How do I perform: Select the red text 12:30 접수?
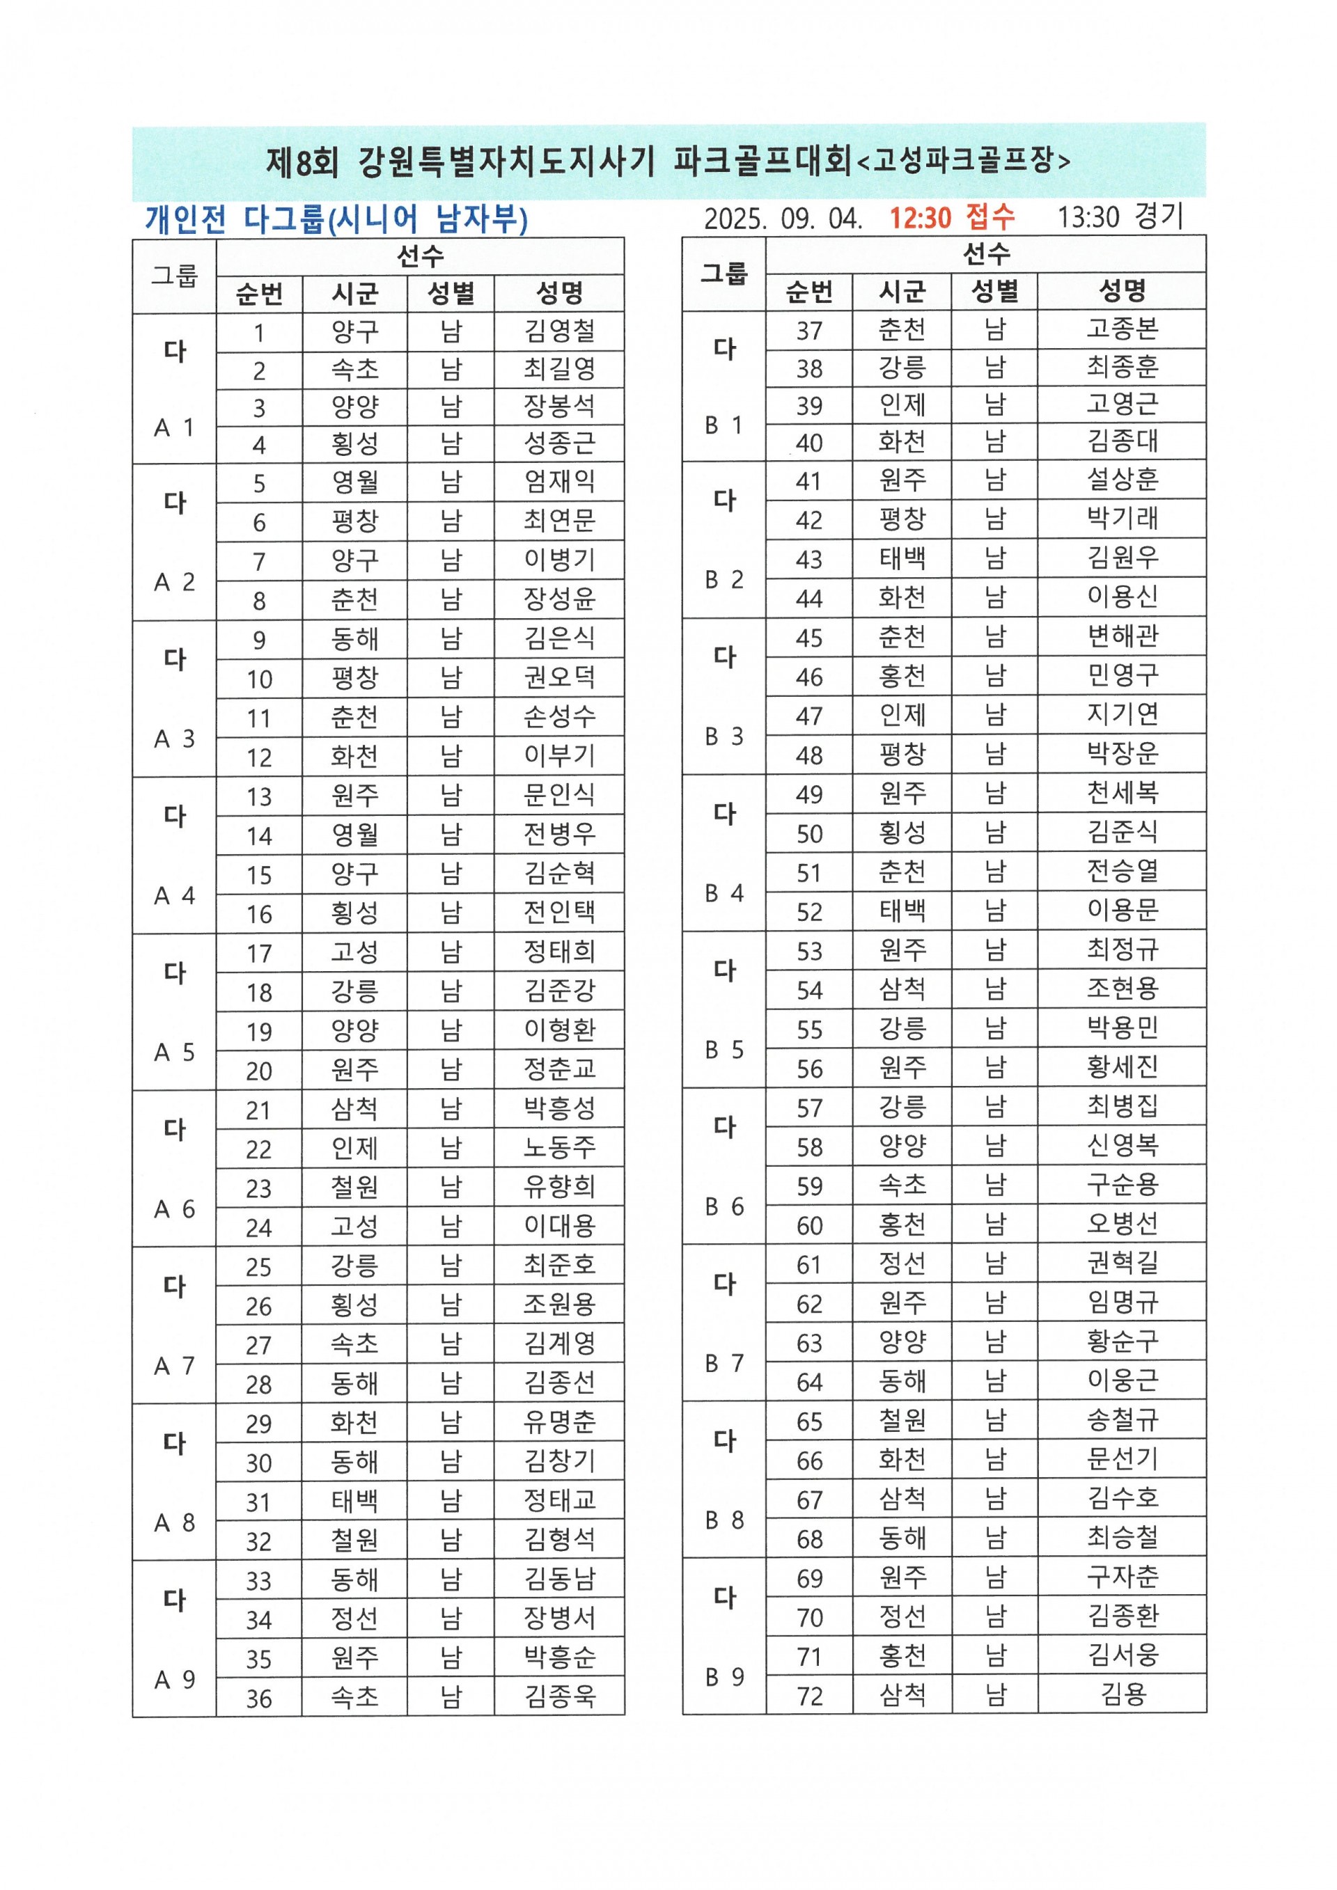952,217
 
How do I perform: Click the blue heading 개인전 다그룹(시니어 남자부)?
336,219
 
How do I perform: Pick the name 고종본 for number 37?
1121,329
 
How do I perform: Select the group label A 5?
175,1052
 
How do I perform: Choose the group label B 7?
724,1363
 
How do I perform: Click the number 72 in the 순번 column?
809,1696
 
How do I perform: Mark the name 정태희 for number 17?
559,952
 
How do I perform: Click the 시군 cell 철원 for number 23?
355,1187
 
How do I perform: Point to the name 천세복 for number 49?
1121,793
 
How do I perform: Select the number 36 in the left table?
258,1698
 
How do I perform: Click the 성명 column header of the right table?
1121,290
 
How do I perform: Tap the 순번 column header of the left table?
258,294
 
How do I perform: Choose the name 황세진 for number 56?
1121,1067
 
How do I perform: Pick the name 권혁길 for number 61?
1121,1263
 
